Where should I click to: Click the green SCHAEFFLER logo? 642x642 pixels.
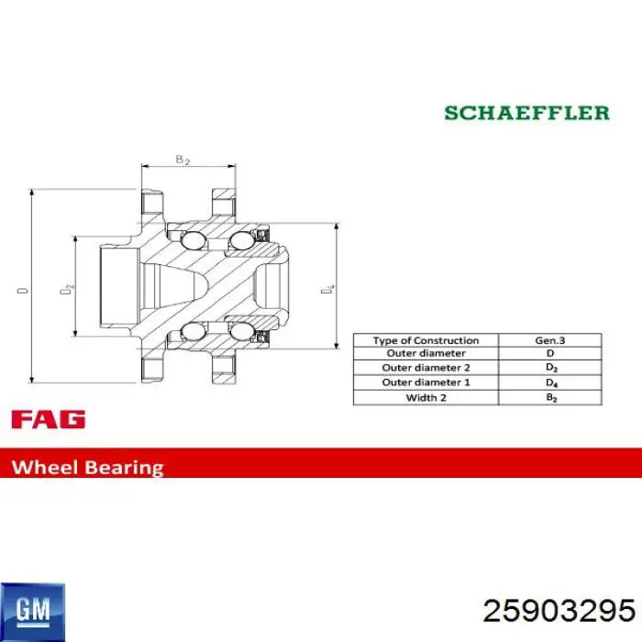(x=527, y=113)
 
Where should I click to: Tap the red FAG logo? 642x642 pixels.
(x=49, y=419)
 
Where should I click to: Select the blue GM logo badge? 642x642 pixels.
(x=33, y=612)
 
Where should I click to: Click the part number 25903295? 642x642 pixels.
(x=559, y=611)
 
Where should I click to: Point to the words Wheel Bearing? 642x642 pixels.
(x=88, y=467)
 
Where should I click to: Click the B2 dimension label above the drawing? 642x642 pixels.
(x=183, y=160)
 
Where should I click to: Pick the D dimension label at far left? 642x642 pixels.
(x=23, y=291)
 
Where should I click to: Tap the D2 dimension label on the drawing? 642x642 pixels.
(x=67, y=288)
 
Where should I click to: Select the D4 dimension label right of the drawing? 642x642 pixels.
(x=327, y=289)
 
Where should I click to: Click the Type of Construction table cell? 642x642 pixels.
(x=426, y=340)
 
